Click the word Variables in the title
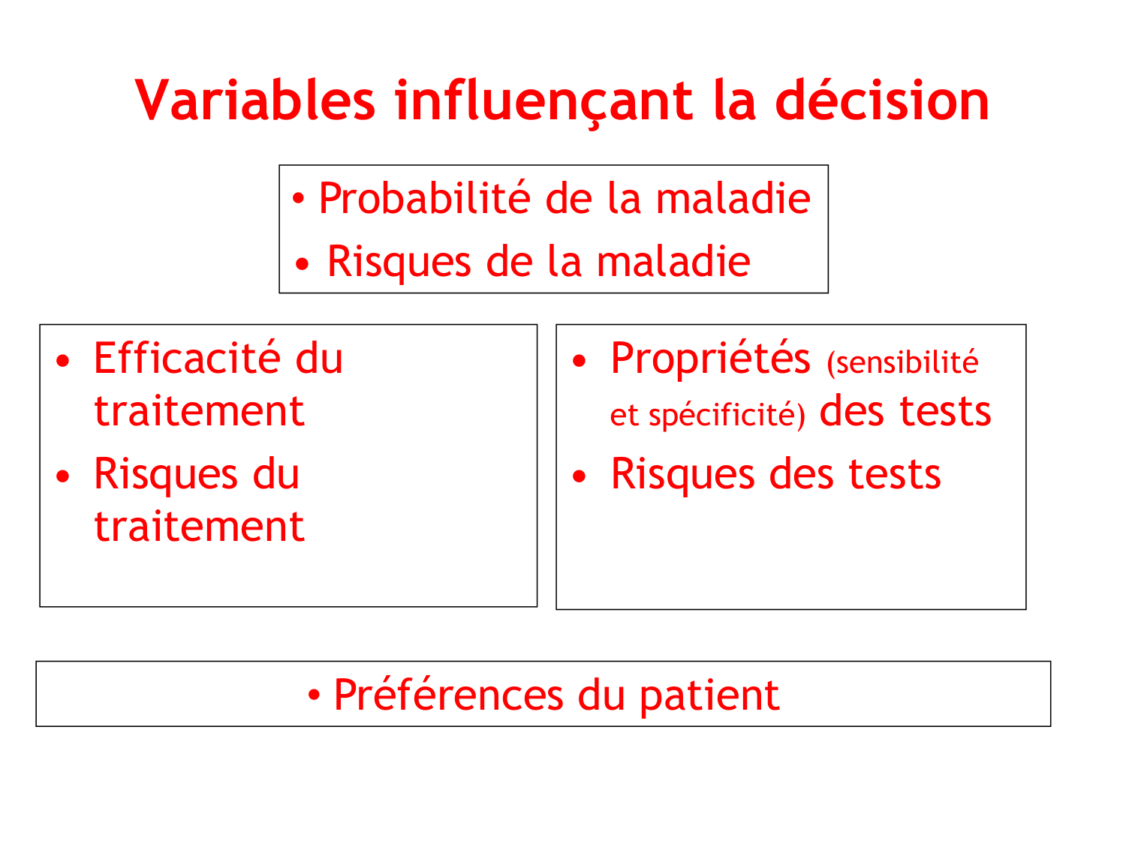[255, 101]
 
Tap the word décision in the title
[882, 101]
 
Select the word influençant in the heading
[544, 102]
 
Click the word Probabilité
[424, 199]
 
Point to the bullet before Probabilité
[299, 200]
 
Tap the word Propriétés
[710, 359]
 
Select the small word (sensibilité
[902, 362]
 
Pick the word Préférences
[448, 695]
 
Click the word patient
[709, 695]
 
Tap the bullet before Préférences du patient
[315, 695]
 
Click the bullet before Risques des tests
[579, 476]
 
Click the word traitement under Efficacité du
[199, 411]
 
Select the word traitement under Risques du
[199, 527]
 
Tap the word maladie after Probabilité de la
[733, 199]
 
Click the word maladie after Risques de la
[673, 262]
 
